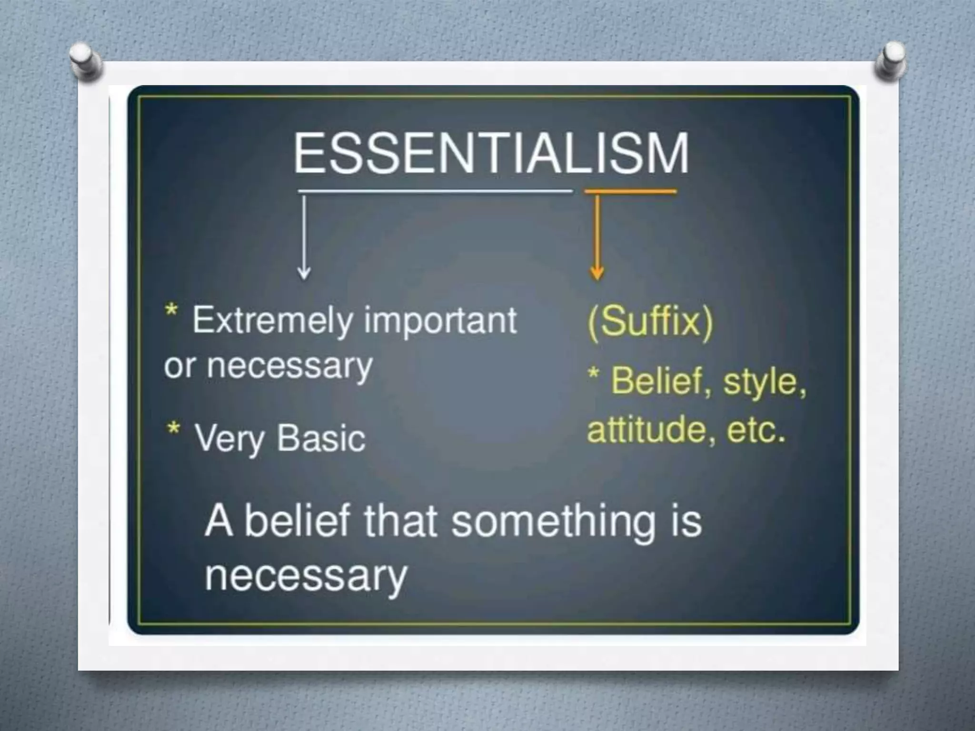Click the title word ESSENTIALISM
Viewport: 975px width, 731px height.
click(491, 153)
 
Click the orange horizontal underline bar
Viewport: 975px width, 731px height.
click(630, 192)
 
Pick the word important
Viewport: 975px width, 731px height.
click(440, 321)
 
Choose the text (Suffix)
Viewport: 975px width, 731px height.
click(651, 322)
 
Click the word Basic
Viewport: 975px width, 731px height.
click(321, 438)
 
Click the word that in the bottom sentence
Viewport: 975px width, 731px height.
click(400, 521)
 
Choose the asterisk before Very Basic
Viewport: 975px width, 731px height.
click(173, 428)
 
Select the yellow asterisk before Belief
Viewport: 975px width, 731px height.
click(593, 374)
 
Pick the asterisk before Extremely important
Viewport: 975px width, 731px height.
click(171, 311)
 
